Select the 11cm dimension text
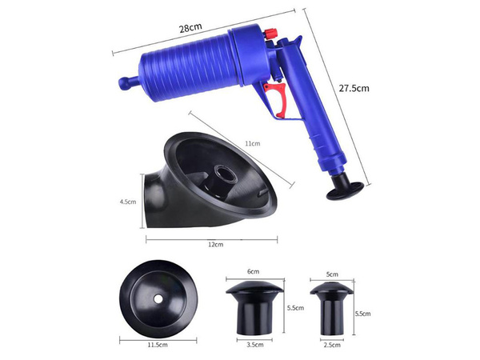[x=253, y=144]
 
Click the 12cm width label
[x=214, y=244]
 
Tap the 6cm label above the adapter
[x=254, y=272]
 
